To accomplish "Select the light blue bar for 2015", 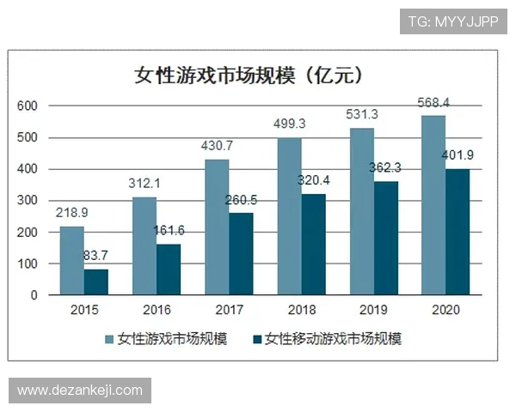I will click(x=72, y=261).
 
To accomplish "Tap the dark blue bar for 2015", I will click(x=96, y=282).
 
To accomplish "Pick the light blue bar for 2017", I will click(x=217, y=227).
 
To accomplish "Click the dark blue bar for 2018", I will click(x=313, y=245).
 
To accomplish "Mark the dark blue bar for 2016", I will click(x=169, y=270).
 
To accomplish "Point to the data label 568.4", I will click(x=434, y=103).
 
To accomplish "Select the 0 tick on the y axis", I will click(x=34, y=295).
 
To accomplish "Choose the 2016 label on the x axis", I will click(x=157, y=311).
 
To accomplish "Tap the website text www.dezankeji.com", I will click(x=79, y=391).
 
